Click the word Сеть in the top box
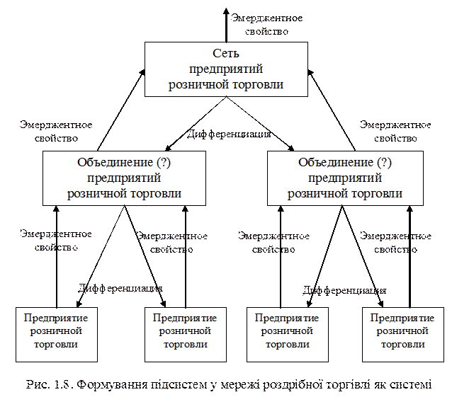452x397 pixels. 226,54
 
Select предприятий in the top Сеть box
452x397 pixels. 226,69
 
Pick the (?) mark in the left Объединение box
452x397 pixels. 160,163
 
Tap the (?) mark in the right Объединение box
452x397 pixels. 382,163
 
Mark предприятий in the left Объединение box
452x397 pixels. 125,178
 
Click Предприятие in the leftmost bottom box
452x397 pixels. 56,318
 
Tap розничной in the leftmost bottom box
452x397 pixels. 56,330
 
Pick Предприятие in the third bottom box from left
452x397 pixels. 286,318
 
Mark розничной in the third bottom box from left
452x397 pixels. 286,330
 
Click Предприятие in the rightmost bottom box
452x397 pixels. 402,318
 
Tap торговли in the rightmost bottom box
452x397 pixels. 402,344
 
